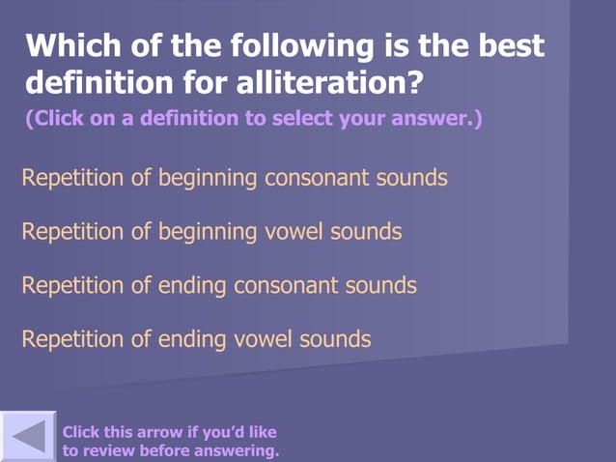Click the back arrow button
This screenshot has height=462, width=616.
tap(28, 437)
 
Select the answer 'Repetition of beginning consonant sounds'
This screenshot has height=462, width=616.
tap(234, 178)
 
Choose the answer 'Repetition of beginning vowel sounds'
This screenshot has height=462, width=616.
tap(211, 232)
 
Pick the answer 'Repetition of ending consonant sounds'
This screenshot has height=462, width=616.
tap(219, 286)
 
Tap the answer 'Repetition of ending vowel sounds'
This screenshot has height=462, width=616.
tap(196, 339)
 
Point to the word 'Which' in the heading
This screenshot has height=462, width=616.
tap(70, 45)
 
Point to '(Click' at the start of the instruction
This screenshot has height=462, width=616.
tap(55, 120)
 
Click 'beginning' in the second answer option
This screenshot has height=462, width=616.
tap(209, 232)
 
